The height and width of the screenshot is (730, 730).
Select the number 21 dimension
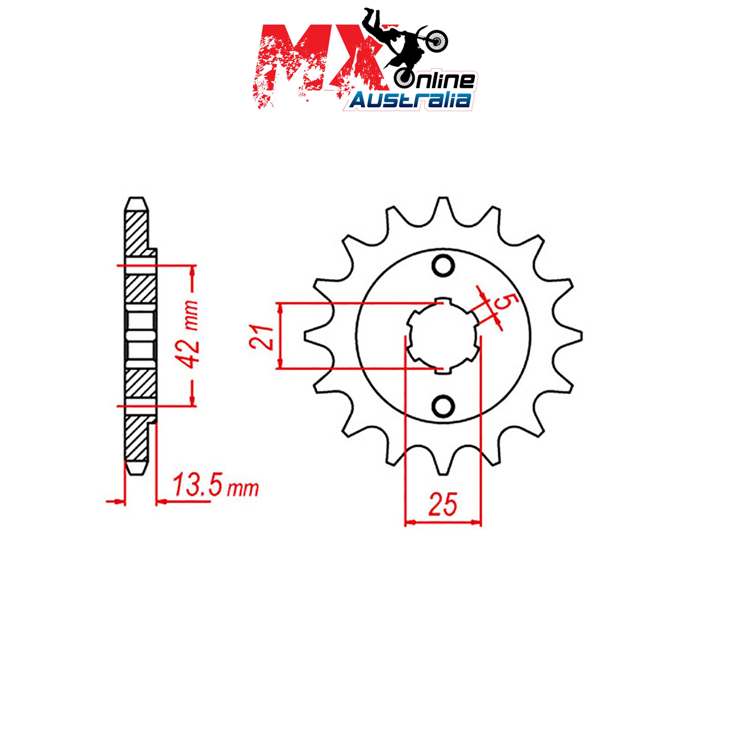click(261, 337)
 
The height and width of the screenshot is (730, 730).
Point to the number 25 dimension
click(443, 504)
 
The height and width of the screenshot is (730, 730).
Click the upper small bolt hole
click(443, 266)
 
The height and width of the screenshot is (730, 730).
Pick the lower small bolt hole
click(443, 406)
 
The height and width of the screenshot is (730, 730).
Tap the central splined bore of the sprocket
click(443, 336)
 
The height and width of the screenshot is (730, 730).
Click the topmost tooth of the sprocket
click(443, 210)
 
